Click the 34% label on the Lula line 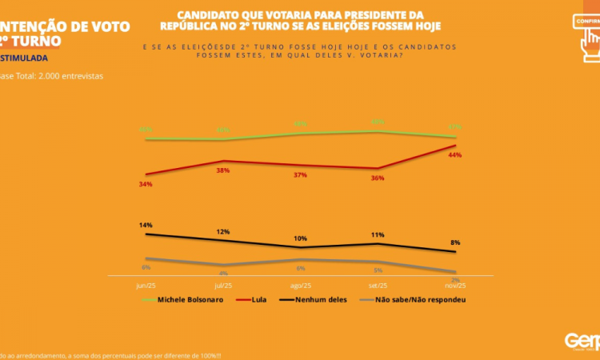(x=145, y=184)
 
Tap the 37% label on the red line (x=300, y=174)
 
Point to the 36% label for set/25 (x=378, y=178)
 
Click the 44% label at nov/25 (x=455, y=154)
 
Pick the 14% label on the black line (x=145, y=226)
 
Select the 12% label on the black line (x=222, y=231)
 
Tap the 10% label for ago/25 (x=300, y=238)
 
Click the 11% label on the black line (x=378, y=235)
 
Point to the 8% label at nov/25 (x=455, y=242)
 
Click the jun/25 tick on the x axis (x=145, y=284)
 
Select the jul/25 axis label (x=222, y=284)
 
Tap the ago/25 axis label (x=300, y=284)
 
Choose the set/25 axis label (x=378, y=284)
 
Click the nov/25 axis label (x=455, y=284)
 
